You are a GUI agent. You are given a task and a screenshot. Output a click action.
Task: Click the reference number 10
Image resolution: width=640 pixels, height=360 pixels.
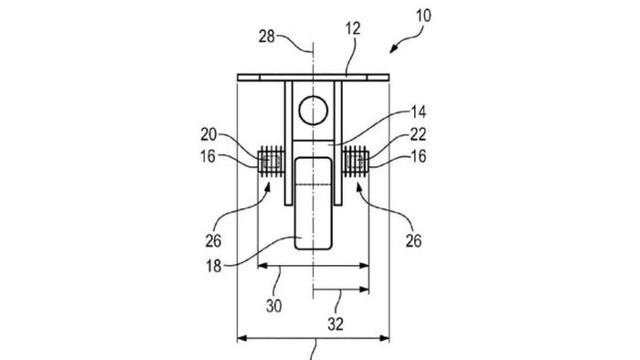(423, 16)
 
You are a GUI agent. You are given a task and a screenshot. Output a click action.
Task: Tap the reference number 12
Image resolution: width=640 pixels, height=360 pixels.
(353, 29)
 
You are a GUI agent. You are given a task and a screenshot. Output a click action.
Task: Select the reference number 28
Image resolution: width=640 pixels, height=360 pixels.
(267, 37)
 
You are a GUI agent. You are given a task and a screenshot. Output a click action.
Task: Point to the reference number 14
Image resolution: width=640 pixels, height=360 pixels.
(418, 112)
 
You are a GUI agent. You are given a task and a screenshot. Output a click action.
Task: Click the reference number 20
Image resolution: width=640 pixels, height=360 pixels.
(208, 134)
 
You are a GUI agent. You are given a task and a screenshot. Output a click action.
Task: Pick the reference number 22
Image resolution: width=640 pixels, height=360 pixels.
(418, 134)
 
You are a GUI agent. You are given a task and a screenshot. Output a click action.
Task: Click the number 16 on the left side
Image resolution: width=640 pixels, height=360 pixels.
(208, 156)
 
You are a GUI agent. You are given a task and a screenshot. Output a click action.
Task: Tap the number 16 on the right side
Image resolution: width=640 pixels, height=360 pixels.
(419, 156)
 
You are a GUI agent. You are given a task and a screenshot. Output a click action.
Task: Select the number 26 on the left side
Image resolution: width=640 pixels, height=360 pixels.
(213, 241)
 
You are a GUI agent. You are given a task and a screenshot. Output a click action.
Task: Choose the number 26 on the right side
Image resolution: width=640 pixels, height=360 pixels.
(413, 241)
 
